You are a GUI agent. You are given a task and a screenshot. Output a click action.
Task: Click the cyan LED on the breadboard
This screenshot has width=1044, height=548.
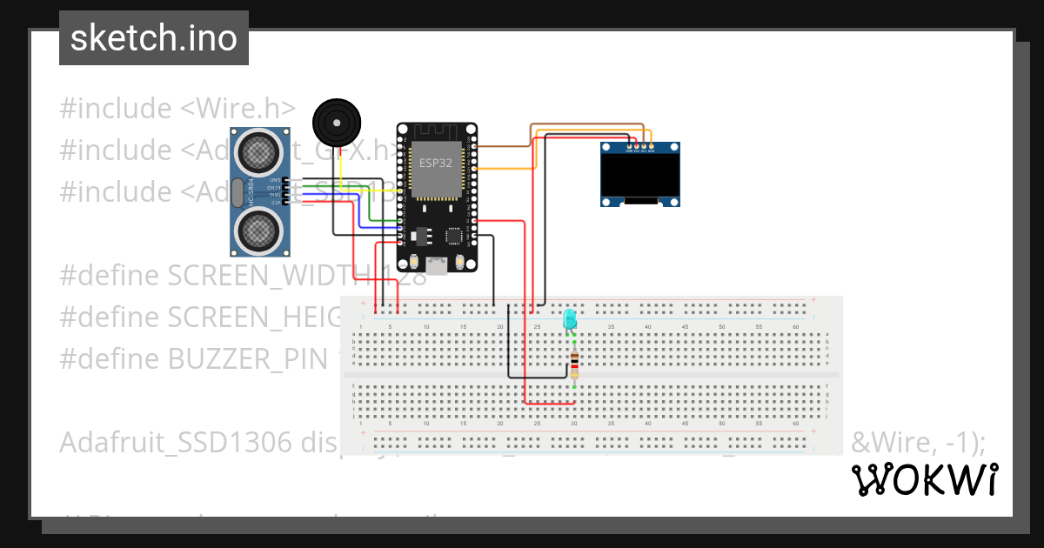click(570, 318)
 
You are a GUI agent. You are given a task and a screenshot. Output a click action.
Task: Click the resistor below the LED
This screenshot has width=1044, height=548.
click(573, 364)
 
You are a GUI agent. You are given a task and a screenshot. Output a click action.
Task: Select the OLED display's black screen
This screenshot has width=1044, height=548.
click(640, 177)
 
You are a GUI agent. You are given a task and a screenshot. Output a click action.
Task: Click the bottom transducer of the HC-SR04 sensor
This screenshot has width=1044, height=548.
click(258, 230)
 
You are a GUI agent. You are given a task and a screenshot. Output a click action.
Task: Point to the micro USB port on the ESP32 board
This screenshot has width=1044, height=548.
click(436, 264)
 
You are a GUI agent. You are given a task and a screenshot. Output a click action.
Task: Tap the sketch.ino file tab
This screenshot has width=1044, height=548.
click(154, 38)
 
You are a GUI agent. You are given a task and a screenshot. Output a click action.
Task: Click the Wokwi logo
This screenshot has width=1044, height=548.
click(924, 479)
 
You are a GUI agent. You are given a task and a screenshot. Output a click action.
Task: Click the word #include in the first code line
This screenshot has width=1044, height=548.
click(116, 109)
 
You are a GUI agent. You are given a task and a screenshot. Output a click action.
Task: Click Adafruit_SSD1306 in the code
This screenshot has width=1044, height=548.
click(175, 442)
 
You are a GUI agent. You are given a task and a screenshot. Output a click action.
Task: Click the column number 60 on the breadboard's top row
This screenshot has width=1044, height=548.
click(795, 326)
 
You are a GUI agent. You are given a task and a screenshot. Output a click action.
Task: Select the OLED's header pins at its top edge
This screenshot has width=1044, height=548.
click(640, 149)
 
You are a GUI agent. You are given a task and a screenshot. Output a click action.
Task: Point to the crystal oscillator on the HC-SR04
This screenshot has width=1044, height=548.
click(238, 190)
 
